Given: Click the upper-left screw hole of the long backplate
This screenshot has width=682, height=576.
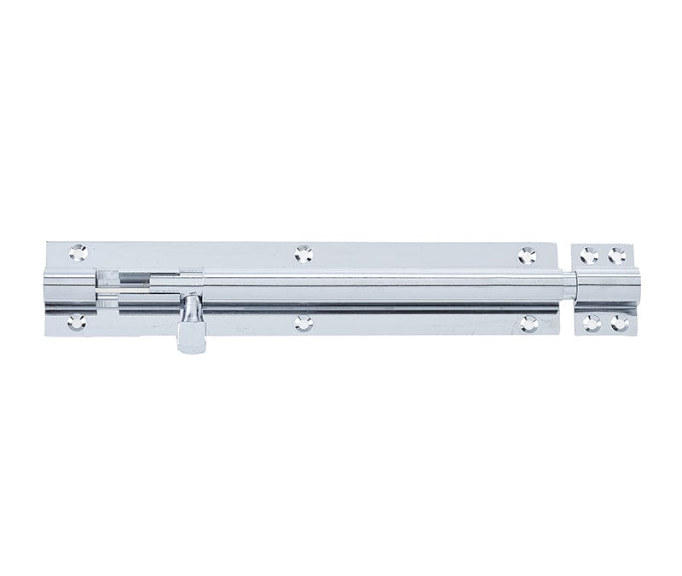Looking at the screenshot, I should [78, 252].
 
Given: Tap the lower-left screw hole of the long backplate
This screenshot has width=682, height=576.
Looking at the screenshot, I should [77, 322].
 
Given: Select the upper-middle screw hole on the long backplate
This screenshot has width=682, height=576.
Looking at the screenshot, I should [303, 253].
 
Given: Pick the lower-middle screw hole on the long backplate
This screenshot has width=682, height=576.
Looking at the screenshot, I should [303, 323].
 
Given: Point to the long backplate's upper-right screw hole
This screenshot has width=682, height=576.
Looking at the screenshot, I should [529, 254].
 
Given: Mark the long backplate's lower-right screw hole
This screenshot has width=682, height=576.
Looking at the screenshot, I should [529, 323].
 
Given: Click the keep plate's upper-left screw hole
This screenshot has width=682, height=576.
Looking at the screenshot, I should [588, 254].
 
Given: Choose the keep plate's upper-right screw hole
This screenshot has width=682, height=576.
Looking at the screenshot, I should [617, 255].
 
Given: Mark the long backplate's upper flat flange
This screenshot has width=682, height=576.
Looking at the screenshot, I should [409, 254].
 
